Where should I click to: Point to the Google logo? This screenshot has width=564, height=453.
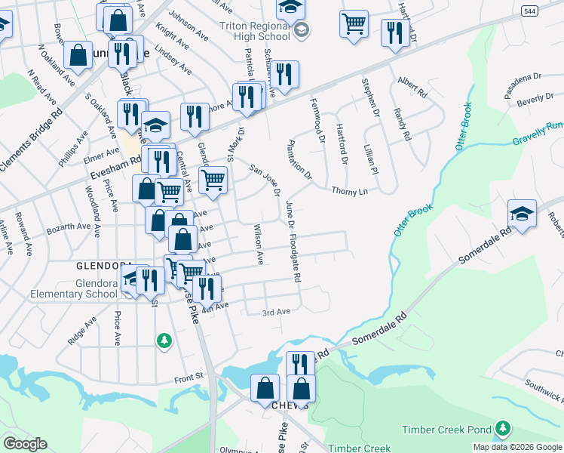click(x=25, y=444)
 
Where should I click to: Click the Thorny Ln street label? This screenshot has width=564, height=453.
click(x=350, y=191)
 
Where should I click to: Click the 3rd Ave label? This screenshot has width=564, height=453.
click(x=276, y=312)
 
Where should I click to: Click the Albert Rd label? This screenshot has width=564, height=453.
click(x=412, y=84)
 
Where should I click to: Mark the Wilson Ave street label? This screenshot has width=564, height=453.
click(x=259, y=244)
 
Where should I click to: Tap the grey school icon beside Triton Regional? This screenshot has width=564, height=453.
click(x=302, y=30)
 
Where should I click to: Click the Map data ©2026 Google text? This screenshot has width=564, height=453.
click(x=517, y=447)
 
